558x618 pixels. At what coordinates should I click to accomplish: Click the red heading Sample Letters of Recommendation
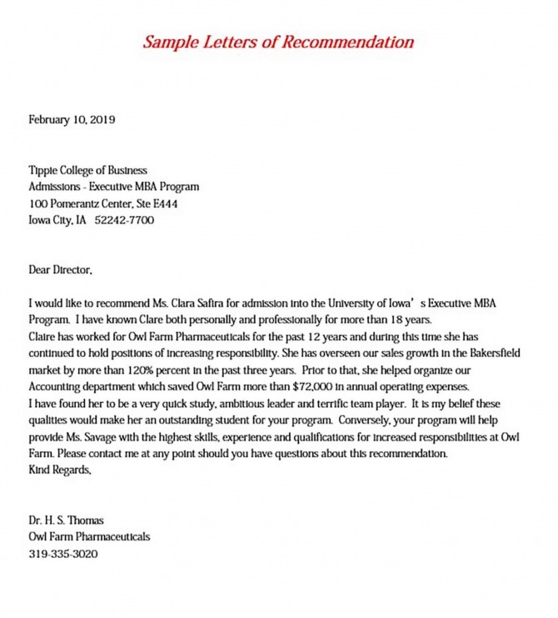click(278, 42)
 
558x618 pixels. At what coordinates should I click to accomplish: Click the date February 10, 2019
click(72, 119)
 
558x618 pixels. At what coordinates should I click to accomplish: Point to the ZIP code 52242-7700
click(125, 220)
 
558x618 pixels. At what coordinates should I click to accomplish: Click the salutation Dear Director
click(61, 270)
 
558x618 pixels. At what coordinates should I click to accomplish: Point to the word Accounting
click(57, 386)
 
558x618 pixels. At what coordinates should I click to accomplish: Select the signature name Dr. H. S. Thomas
click(67, 520)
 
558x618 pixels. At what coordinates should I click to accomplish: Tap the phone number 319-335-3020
click(63, 553)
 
